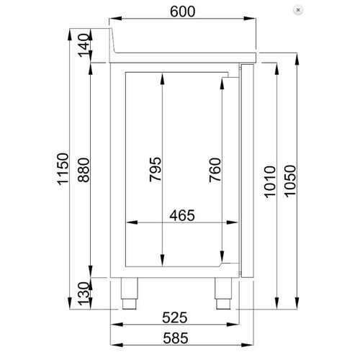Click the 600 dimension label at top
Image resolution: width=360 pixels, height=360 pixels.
[x=185, y=12]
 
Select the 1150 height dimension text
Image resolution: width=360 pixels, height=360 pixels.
[x=63, y=170]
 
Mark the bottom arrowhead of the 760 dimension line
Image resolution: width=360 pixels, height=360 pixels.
[x=221, y=263]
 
